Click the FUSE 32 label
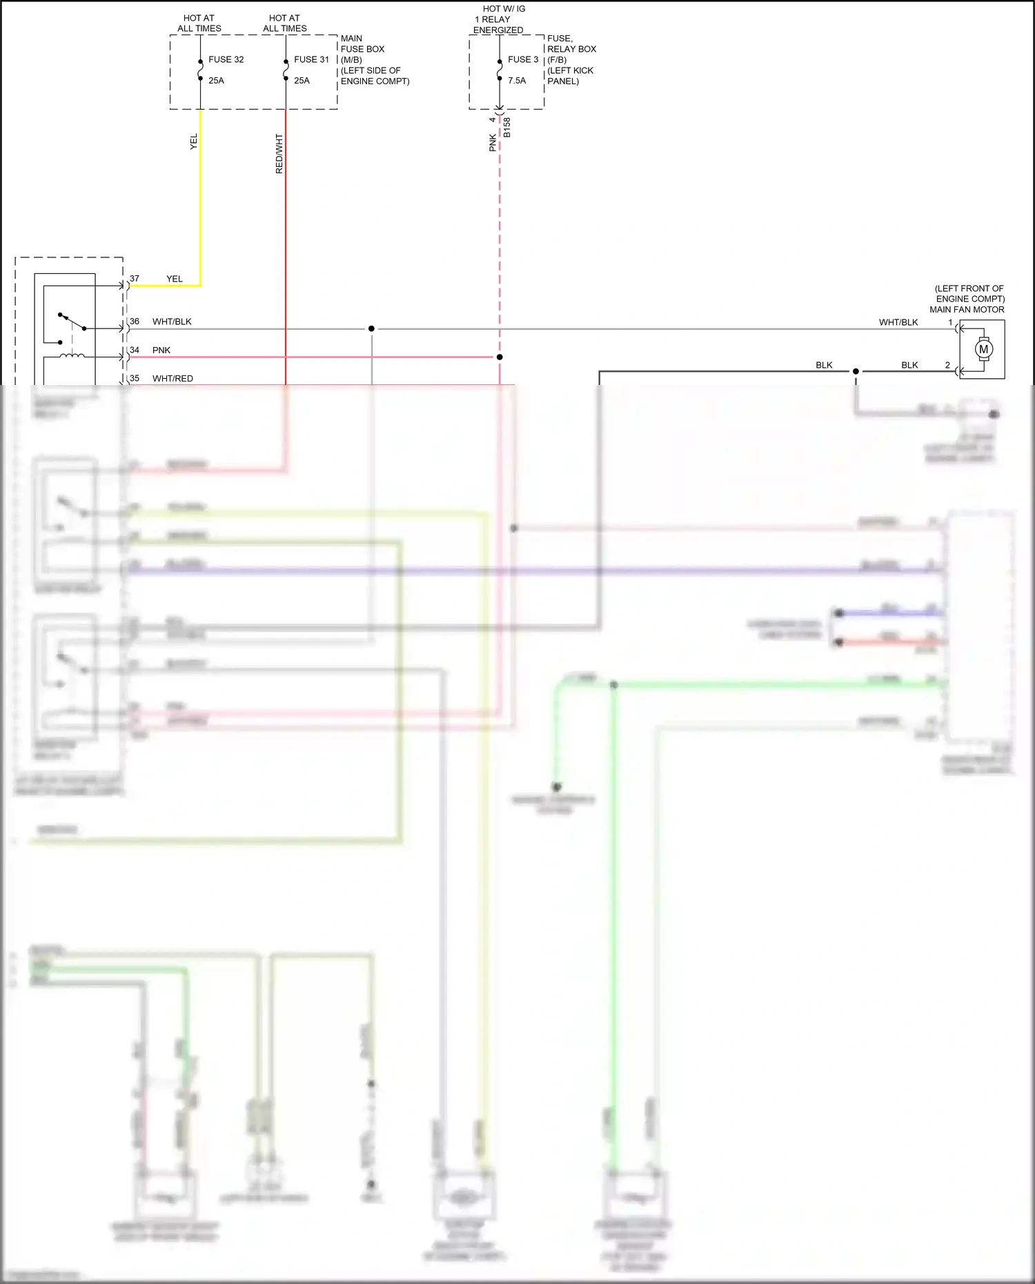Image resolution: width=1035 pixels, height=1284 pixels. point(226,59)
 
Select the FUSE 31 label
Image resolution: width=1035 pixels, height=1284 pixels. point(311,59)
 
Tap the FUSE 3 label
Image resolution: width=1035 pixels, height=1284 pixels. point(523,59)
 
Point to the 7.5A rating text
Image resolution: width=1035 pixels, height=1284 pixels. point(517,81)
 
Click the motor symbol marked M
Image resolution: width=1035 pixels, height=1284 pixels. point(983,349)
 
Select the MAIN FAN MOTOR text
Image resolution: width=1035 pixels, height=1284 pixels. point(967,310)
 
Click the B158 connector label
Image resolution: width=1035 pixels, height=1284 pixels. point(507,127)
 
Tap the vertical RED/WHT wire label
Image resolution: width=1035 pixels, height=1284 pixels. point(279,153)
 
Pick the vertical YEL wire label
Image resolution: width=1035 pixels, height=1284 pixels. point(194,141)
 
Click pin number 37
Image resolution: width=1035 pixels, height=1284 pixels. point(135,279)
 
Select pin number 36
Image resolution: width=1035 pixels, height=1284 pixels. point(135,322)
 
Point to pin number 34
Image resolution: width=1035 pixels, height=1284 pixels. point(135,350)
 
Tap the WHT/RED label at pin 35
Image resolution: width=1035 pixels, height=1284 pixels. point(172,379)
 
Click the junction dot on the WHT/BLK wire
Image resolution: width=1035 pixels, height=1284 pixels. point(371,328)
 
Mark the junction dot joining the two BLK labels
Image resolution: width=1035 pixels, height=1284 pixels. point(856,371)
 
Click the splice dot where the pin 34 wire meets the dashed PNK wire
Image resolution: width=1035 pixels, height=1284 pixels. point(500,357)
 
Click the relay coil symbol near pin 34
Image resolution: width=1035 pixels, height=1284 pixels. point(72,356)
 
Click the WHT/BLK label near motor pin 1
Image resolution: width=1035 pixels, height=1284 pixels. point(898,322)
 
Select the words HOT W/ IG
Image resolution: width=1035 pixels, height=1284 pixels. point(504,9)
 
